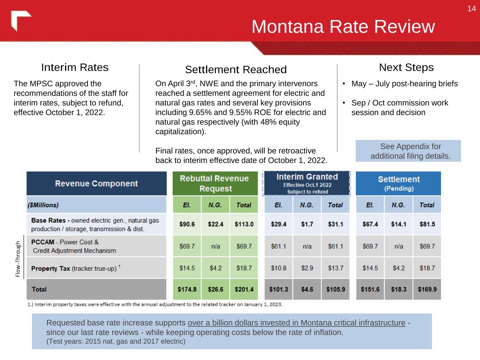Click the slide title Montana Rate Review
click(x=343, y=27)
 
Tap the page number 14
click(x=471, y=9)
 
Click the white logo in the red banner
click(x=20, y=20)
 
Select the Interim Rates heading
click(x=75, y=67)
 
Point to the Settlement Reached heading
click(x=236, y=70)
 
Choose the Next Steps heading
click(x=406, y=67)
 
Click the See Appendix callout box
click(x=408, y=151)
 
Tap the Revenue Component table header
click(x=96, y=184)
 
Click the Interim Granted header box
click(x=307, y=184)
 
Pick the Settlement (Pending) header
click(x=398, y=184)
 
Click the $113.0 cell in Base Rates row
click(x=244, y=224)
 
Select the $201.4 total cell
click(x=244, y=289)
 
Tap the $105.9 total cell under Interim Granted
click(x=335, y=289)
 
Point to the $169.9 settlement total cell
click(x=427, y=289)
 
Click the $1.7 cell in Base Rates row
click(x=307, y=224)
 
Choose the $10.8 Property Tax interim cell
click(x=279, y=268)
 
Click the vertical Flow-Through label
click(x=18, y=259)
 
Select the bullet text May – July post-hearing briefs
click(x=404, y=84)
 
